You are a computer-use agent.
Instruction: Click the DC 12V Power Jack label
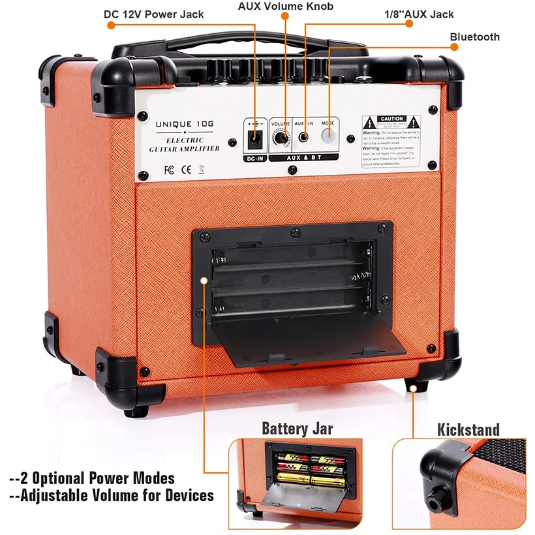click(154, 14)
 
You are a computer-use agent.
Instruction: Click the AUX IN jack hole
click(304, 137)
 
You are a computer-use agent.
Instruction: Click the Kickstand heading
click(468, 429)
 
